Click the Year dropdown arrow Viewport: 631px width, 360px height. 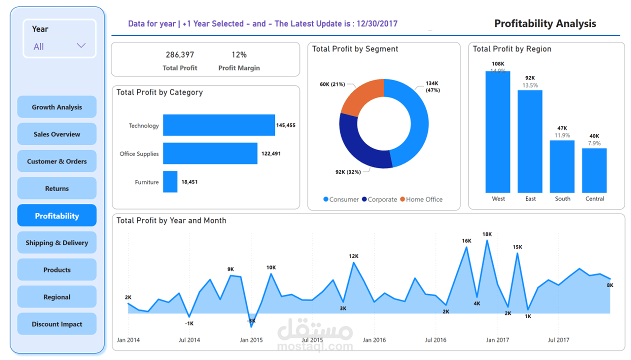[x=81, y=46]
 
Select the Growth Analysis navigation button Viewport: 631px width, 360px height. [x=57, y=107]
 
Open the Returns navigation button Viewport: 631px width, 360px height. [x=57, y=188]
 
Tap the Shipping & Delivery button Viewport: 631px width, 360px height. [x=57, y=243]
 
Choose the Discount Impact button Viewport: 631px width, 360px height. [x=57, y=324]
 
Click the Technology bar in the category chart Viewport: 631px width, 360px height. [x=218, y=125]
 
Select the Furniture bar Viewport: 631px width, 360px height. [x=170, y=182]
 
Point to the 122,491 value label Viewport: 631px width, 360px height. [x=271, y=154]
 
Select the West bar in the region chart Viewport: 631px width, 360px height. [x=498, y=132]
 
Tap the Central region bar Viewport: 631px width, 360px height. [x=594, y=170]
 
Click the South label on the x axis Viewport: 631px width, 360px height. [x=562, y=199]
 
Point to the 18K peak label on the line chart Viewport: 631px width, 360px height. [x=487, y=234]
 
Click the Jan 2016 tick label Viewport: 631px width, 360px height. [x=374, y=340]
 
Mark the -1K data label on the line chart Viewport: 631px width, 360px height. [x=189, y=323]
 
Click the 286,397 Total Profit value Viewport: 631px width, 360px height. [x=180, y=54]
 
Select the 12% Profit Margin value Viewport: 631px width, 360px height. [x=239, y=54]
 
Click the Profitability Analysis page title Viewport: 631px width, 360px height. [x=545, y=23]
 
